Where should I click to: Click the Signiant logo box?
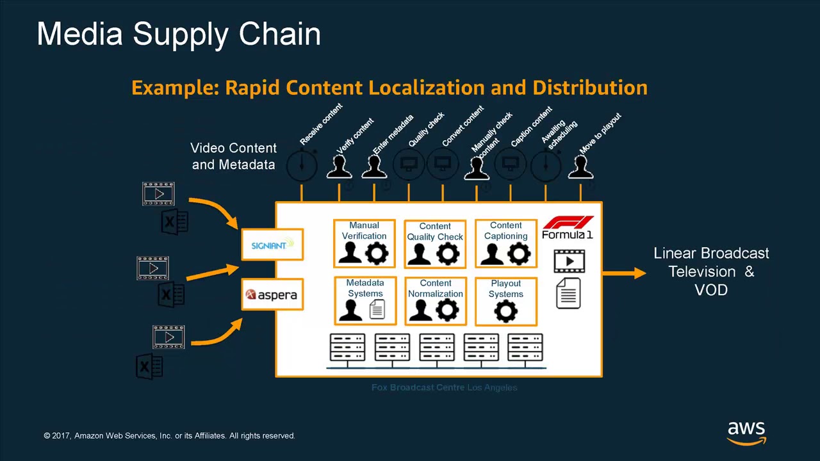click(272, 245)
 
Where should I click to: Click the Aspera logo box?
click(272, 295)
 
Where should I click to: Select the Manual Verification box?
click(365, 243)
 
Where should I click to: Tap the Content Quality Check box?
click(435, 244)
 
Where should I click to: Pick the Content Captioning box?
click(505, 243)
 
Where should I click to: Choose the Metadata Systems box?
click(365, 300)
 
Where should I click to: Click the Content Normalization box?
click(435, 300)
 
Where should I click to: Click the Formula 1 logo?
click(568, 227)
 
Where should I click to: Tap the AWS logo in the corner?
click(746, 432)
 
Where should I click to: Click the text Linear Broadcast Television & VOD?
click(711, 271)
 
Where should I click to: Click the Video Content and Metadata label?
click(233, 156)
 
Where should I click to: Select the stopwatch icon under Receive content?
click(302, 166)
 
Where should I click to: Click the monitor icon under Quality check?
click(409, 165)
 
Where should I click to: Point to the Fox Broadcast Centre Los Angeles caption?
click(444, 387)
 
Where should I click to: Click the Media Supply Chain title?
click(179, 34)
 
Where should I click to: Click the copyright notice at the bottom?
click(169, 435)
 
